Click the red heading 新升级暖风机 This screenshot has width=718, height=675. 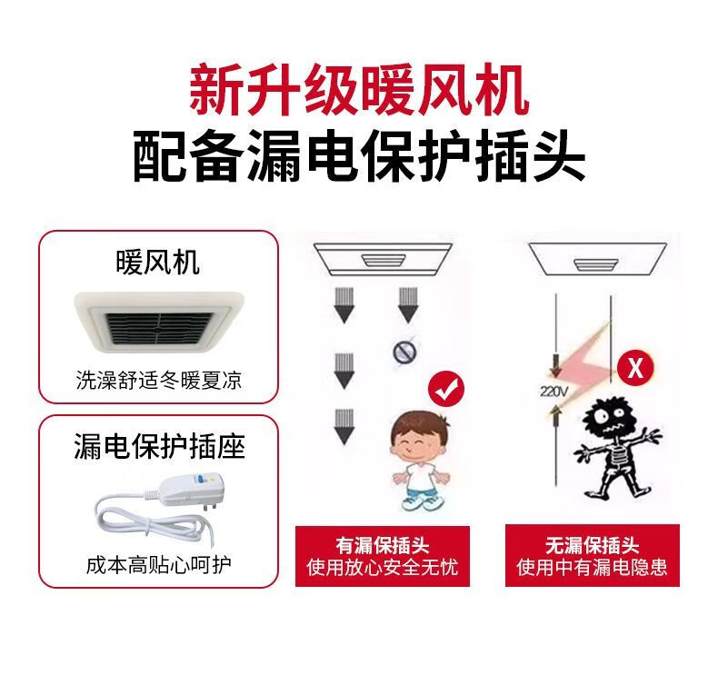click(x=359, y=91)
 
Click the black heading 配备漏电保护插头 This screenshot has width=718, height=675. click(x=359, y=156)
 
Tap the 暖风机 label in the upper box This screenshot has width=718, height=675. click(x=158, y=263)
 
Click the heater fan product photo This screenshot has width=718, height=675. click(x=159, y=322)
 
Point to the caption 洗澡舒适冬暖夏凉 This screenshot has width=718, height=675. click(x=158, y=380)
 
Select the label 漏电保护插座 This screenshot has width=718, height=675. click(x=159, y=446)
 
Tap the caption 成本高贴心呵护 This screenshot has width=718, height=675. click(x=158, y=565)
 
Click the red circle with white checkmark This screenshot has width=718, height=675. click(x=446, y=390)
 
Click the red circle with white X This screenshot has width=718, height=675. click(x=635, y=367)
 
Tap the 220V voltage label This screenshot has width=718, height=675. click(x=554, y=392)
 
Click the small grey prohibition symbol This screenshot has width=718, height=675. click(x=404, y=352)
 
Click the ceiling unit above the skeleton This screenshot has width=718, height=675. click(x=597, y=259)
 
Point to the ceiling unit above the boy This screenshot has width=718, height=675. click(x=383, y=260)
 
